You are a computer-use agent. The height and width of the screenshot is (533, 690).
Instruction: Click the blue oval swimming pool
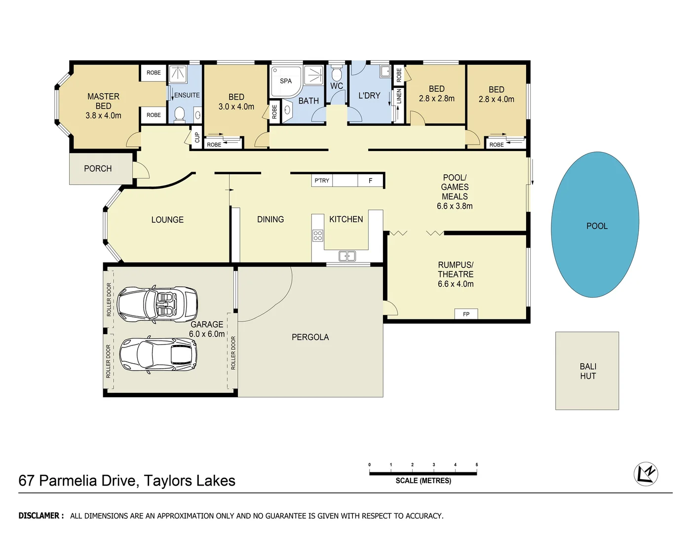[595, 225]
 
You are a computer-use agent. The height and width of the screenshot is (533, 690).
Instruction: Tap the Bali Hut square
[587, 371]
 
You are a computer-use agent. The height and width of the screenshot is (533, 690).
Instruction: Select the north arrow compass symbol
[646, 474]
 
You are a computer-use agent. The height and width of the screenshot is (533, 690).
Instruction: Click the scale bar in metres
[423, 474]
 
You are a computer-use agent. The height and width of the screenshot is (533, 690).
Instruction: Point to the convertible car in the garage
[157, 304]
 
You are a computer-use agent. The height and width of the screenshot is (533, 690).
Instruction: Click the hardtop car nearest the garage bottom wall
[158, 354]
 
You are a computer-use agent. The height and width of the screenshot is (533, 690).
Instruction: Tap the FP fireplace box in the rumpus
[466, 314]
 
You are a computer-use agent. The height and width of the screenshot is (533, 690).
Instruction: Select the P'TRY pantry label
[322, 181]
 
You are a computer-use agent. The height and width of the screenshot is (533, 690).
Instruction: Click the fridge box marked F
[371, 181]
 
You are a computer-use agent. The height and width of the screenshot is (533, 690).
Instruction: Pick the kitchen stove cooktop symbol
[318, 235]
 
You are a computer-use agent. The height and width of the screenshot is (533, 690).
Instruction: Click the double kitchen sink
[347, 256]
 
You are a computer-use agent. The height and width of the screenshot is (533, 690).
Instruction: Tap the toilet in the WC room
[337, 74]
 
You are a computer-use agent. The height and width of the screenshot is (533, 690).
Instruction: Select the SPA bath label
[286, 81]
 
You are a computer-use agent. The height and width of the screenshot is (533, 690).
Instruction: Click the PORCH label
[98, 169]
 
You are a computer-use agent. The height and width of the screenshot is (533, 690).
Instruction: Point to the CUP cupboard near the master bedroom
[197, 137]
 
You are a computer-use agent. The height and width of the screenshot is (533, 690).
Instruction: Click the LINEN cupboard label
[399, 96]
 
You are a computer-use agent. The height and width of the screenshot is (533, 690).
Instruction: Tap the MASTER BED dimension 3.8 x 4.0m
[103, 115]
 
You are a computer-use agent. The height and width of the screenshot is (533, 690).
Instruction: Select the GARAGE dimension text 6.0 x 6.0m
[207, 334]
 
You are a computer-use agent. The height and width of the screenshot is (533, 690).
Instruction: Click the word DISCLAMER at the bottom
[41, 516]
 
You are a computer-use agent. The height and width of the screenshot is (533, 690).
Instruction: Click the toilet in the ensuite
[179, 114]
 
